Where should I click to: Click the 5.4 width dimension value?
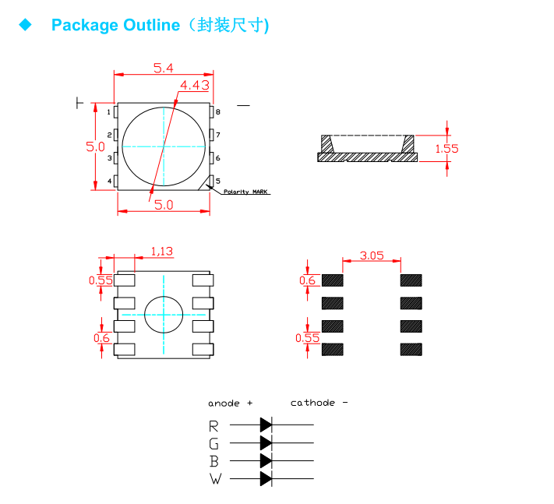point(163,68)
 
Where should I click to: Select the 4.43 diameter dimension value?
point(195,85)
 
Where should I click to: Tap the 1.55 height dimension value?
point(447,148)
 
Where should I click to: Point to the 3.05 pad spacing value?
point(372,255)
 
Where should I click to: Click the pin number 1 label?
point(108,112)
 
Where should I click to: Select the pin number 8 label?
point(218,112)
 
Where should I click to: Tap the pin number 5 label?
point(218,181)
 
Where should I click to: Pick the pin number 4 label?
point(108,182)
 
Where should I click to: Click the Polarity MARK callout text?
point(246,192)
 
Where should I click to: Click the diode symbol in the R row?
point(266,425)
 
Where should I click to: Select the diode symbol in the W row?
point(266,478)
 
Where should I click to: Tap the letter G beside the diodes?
point(214,443)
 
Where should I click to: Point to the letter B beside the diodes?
point(214,460)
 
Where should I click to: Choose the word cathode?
point(312,403)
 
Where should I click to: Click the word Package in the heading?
point(85,25)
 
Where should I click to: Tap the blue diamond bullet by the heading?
point(26,25)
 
